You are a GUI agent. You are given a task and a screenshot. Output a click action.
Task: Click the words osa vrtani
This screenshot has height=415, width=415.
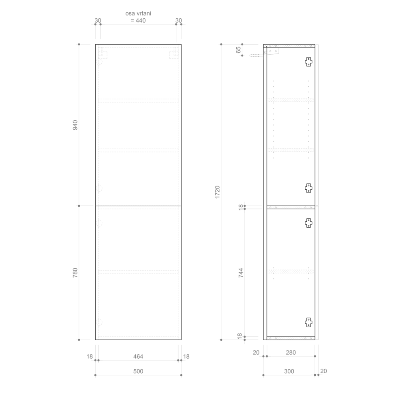(138, 13)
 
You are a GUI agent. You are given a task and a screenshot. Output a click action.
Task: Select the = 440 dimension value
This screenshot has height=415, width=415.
(138, 21)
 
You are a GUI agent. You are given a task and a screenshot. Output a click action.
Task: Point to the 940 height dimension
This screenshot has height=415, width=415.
(75, 125)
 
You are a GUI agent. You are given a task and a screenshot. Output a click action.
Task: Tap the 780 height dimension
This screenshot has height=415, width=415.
(75, 273)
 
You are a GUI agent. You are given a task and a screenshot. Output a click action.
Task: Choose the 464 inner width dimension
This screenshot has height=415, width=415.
(138, 356)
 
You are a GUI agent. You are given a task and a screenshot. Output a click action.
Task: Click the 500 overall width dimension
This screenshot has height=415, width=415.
(138, 371)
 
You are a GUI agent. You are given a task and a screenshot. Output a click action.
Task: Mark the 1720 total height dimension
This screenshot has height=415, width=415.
(217, 192)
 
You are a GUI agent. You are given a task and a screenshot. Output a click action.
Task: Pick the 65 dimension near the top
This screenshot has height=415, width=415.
(238, 49)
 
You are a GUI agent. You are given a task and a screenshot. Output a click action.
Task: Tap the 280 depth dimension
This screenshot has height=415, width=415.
(291, 353)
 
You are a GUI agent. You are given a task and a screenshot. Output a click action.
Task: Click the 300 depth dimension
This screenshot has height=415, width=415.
(289, 371)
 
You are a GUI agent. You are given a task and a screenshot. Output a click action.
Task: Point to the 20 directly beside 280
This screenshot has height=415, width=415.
(256, 353)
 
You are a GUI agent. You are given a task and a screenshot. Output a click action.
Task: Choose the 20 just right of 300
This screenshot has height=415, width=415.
(323, 371)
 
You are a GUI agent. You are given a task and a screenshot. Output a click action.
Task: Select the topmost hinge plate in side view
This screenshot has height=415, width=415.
(308, 62)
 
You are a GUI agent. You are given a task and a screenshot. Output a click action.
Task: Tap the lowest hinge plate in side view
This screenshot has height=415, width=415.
(308, 322)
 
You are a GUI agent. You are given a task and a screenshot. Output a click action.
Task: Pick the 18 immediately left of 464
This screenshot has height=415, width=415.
(90, 356)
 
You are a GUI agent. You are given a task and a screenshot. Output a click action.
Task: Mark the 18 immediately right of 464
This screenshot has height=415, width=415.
(186, 356)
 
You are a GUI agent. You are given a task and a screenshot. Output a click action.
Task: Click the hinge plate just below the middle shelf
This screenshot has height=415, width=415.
(308, 222)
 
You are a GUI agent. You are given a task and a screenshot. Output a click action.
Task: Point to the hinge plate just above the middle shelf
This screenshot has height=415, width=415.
(308, 188)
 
